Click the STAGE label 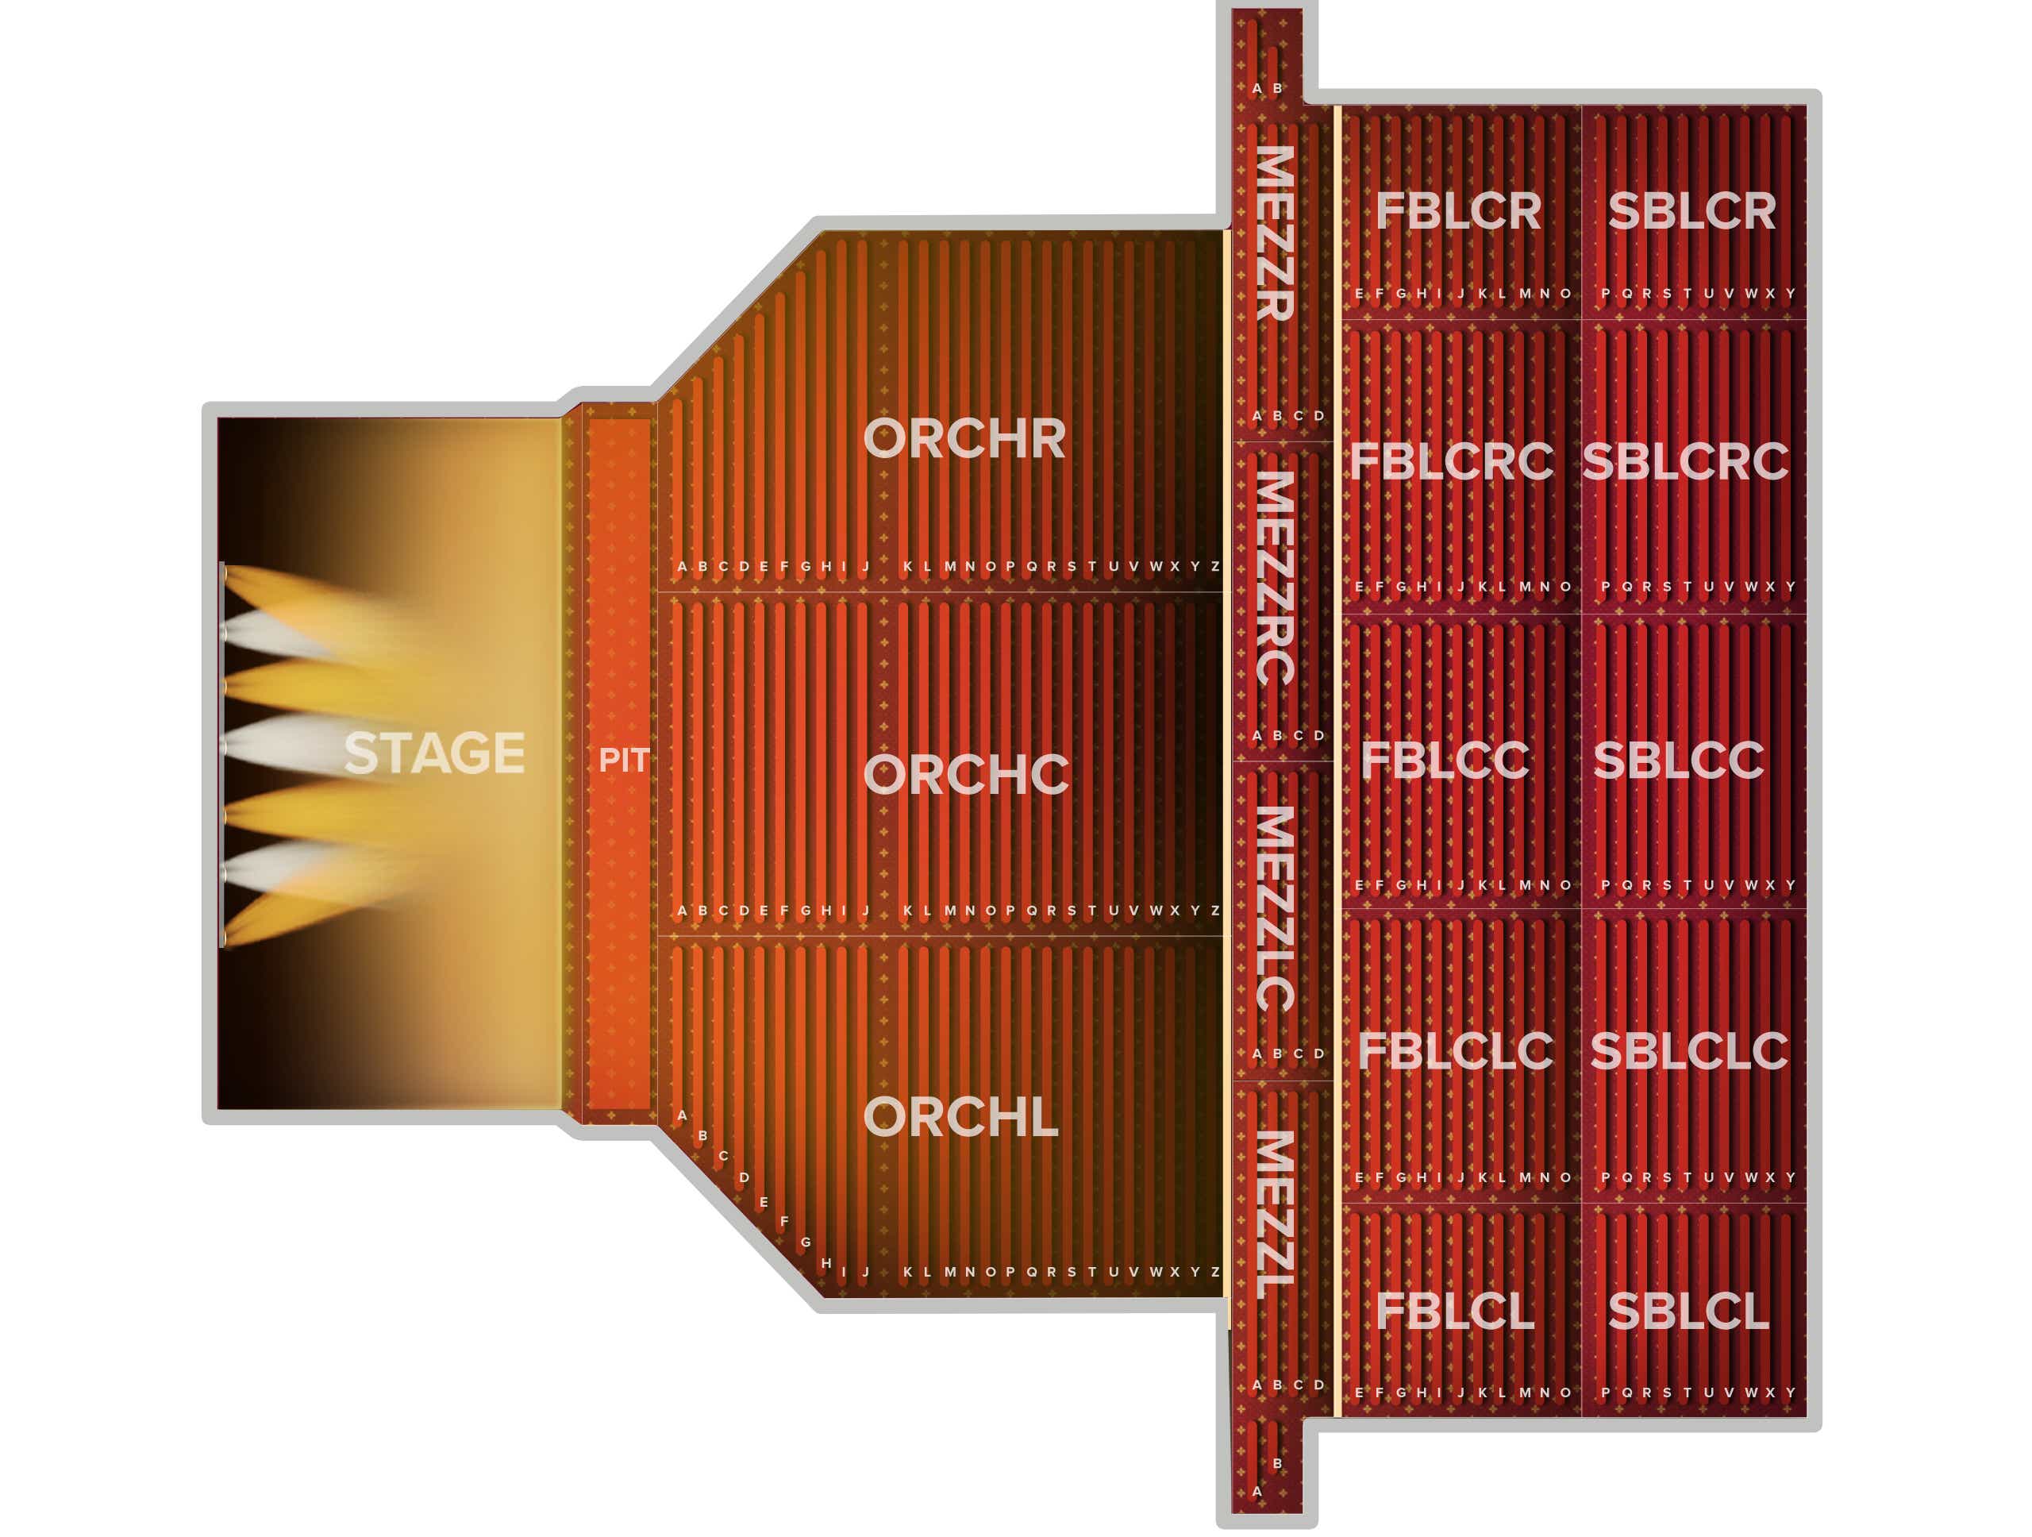433,753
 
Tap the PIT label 624,761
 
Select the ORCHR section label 964,438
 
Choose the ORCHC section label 967,775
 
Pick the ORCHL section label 961,1117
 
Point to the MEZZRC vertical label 1276,578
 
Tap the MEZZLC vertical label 1276,908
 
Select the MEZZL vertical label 1276,1215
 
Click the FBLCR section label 1459,212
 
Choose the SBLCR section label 1692,212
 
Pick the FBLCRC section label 1452,461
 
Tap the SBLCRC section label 1686,461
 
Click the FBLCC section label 1445,761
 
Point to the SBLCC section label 1680,761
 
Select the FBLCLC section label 1455,1051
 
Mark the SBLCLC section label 1689,1051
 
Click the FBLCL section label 1455,1311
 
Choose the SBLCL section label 1688,1311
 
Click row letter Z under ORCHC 1215,911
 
